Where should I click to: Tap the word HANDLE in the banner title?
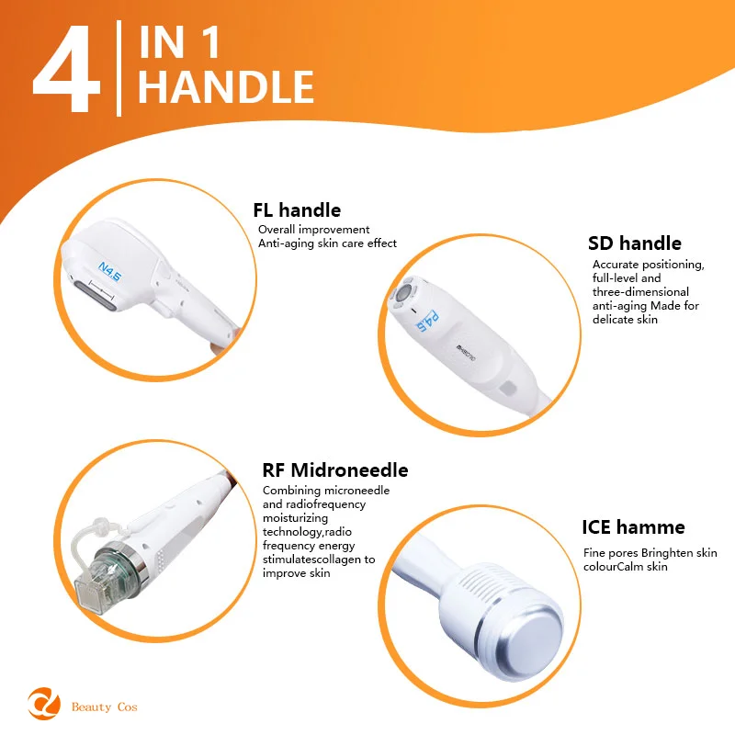pyautogui.click(x=226, y=86)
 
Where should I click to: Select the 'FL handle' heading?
pyautogui.click(x=297, y=210)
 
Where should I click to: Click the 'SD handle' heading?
pyautogui.click(x=635, y=243)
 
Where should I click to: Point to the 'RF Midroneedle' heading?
pyautogui.click(x=335, y=470)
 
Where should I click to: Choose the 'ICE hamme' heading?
pyautogui.click(x=633, y=527)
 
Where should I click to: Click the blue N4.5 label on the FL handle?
pyautogui.click(x=109, y=272)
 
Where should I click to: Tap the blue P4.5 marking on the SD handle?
pyautogui.click(x=427, y=322)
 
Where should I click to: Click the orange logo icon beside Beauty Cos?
pyautogui.click(x=44, y=703)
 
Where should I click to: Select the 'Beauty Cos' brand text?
pyautogui.click(x=105, y=707)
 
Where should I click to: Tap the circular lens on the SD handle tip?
pyautogui.click(x=402, y=294)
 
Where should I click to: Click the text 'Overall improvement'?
pyautogui.click(x=313, y=230)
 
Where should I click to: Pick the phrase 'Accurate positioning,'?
pyautogui.click(x=649, y=265)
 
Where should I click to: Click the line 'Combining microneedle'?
pyautogui.click(x=326, y=491)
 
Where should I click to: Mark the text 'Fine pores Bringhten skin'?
pyautogui.click(x=650, y=553)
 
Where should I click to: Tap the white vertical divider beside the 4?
pyautogui.click(x=119, y=68)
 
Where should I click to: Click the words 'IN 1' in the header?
pyautogui.click(x=179, y=42)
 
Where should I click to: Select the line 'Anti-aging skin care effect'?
pyautogui.click(x=327, y=243)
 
